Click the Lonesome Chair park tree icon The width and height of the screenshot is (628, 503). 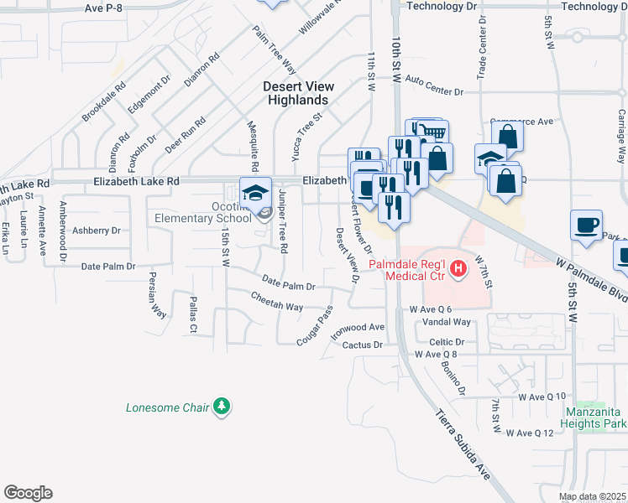tap(222, 407)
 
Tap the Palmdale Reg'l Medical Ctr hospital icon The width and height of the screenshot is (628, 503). tap(458, 268)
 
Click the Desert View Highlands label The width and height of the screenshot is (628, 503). tap(299, 93)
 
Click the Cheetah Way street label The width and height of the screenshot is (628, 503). tap(276, 301)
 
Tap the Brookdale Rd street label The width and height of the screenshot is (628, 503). tap(104, 101)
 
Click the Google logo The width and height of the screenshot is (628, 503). tap(28, 493)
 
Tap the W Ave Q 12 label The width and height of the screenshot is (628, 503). tap(531, 433)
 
